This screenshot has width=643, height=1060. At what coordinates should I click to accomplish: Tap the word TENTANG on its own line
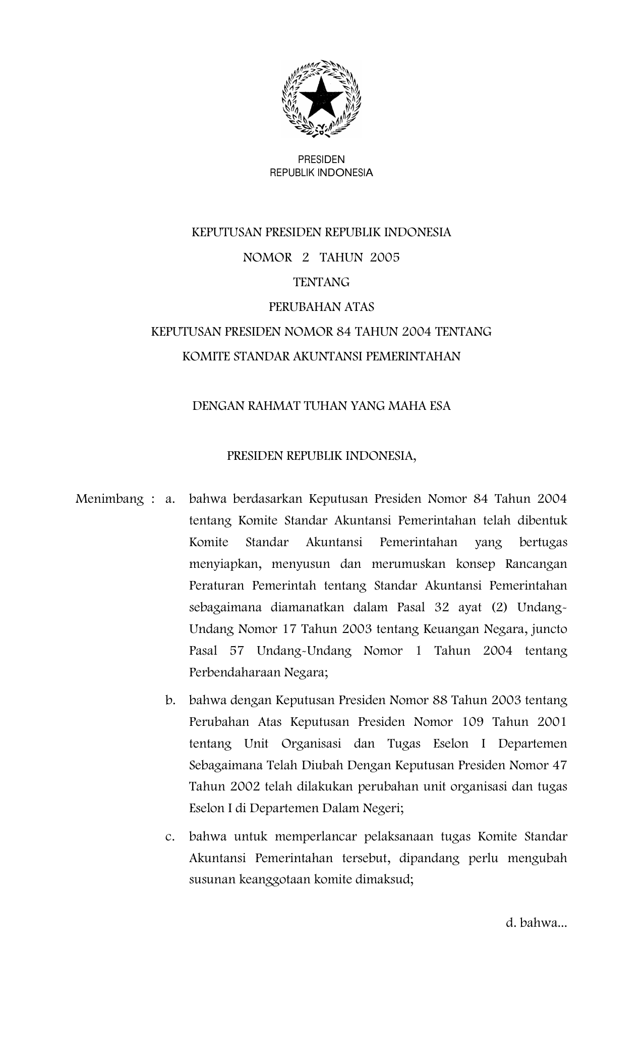point(321,282)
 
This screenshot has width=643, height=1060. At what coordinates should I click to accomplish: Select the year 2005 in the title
point(384,257)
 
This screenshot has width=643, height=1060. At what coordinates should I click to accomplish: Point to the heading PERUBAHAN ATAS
point(321,307)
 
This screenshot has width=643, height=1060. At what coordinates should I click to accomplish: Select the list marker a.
point(169,499)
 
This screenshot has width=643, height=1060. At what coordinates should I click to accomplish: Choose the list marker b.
point(169,700)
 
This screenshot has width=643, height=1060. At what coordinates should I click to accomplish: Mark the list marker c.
point(169,836)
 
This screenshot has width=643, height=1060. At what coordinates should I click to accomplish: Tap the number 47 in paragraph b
point(559,765)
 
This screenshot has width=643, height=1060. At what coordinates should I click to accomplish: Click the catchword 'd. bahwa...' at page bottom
point(536,923)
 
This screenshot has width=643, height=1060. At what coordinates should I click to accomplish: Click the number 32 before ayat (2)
point(441,607)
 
